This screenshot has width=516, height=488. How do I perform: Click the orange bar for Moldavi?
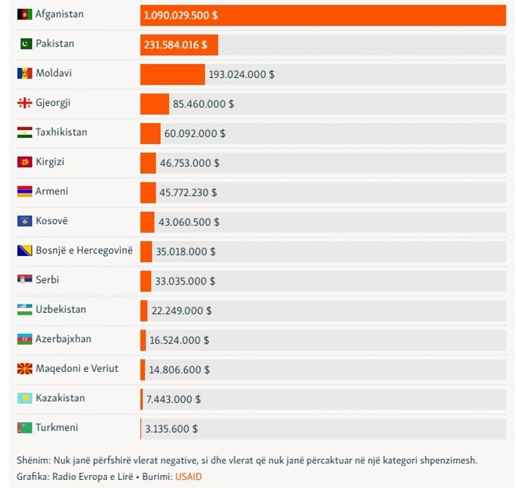click(x=172, y=74)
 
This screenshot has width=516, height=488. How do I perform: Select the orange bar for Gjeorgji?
click(x=154, y=104)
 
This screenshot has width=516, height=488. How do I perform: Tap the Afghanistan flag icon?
click(x=25, y=14)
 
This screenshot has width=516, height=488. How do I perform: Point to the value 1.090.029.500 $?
click(x=181, y=15)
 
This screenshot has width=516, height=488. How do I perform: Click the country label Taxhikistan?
click(x=61, y=132)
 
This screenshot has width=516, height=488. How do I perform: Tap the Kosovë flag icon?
click(x=25, y=221)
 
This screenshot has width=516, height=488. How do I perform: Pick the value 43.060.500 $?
click(x=188, y=222)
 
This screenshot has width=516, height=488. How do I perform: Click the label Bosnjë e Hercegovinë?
click(x=84, y=250)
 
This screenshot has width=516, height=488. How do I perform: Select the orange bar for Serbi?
click(x=145, y=281)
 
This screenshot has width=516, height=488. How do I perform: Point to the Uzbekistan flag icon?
click(x=25, y=309)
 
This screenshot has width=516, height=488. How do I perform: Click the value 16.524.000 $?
click(x=179, y=340)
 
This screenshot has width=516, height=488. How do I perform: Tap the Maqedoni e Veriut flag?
click(x=25, y=369)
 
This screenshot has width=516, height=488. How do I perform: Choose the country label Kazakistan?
click(x=60, y=398)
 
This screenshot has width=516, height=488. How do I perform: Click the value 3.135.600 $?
click(x=172, y=429)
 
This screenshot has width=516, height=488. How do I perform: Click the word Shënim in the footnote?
click(x=33, y=460)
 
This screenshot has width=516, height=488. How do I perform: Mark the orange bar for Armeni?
click(x=148, y=192)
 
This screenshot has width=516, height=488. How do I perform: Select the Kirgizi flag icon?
click(x=25, y=162)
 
